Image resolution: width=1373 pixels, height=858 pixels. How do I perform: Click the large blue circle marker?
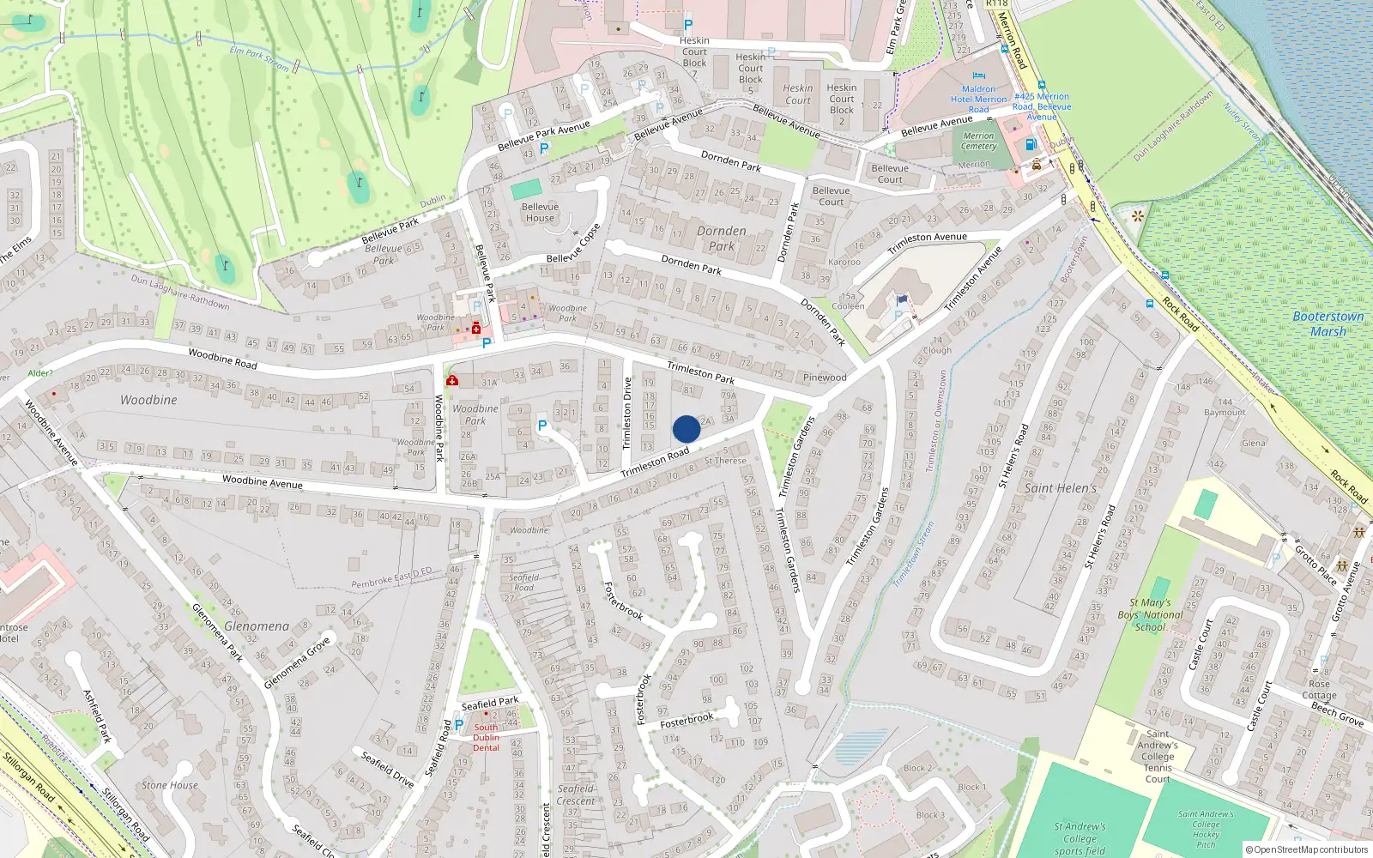[x=686, y=429]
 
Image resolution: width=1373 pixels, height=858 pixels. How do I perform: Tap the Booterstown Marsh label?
[x=1328, y=323]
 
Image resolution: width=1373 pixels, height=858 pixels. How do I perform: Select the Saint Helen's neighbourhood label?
[x=1061, y=488]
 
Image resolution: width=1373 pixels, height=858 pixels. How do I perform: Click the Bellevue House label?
[x=540, y=212]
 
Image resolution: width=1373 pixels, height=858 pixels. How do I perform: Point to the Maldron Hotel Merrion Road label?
[x=978, y=99]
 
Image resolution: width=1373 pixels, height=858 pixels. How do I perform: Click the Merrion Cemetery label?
[x=978, y=141]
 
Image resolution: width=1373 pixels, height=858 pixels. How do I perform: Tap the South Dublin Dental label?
[x=486, y=737]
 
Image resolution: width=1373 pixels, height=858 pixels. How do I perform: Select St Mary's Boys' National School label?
[x=1150, y=614]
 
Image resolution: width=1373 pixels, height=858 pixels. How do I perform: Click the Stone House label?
[x=169, y=785]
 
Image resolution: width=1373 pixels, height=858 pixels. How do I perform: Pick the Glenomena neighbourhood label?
[x=257, y=626]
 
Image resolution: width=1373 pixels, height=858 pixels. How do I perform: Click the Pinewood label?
[x=825, y=378]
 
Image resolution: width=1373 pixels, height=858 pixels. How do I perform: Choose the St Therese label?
[x=725, y=461]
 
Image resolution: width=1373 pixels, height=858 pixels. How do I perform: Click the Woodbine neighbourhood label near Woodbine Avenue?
[x=148, y=400]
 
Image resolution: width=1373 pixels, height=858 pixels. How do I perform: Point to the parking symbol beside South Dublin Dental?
[x=459, y=725]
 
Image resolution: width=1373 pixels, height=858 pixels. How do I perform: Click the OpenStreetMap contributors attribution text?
[x=1307, y=849]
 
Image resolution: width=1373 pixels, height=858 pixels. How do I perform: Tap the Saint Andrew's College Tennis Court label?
[x=1158, y=756]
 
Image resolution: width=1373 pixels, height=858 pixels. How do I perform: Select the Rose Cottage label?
[x=1319, y=690]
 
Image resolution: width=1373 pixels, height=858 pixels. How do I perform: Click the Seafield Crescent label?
[x=576, y=795]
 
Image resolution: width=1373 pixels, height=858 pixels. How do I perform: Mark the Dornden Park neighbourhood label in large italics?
[x=722, y=238]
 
